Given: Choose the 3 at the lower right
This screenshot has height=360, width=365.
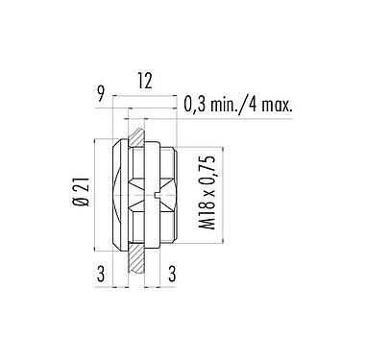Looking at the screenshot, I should point(171,275).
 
